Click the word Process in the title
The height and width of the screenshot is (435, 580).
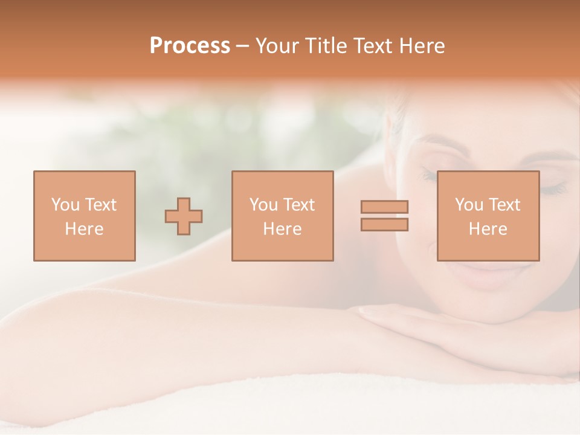190,46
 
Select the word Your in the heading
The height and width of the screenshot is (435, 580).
277,46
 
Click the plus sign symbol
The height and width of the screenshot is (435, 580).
184,216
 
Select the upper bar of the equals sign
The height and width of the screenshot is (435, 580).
384,207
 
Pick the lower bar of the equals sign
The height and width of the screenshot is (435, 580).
384,224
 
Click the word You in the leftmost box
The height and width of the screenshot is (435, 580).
64,205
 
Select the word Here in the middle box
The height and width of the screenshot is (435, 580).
282,229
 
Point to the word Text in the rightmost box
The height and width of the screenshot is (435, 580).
504,205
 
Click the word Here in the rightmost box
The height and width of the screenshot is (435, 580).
488,229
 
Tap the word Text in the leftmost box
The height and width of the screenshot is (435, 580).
100,205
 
